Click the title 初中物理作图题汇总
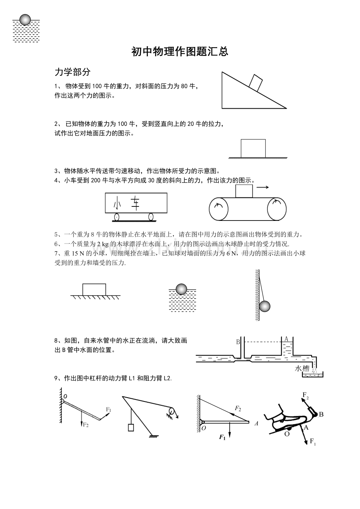tap(180, 52)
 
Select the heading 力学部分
tap(72, 72)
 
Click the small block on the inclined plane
tap(256, 83)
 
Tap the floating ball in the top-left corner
tap(25, 20)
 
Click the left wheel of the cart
tap(116, 217)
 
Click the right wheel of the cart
tap(151, 217)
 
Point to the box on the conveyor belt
tap(244, 191)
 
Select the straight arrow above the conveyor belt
tap(263, 187)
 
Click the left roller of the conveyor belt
tap(219, 209)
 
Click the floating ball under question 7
tap(181, 289)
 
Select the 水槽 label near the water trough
tap(302, 368)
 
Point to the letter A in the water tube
tap(286, 339)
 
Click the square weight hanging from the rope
tap(131, 427)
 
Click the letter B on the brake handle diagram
tap(321, 414)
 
